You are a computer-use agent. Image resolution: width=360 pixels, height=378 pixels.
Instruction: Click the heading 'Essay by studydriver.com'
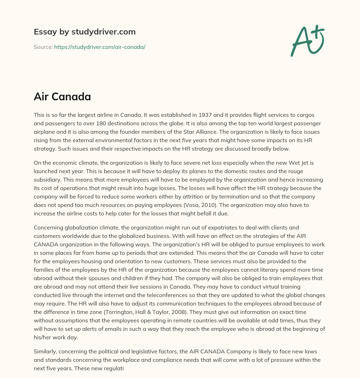point(84,32)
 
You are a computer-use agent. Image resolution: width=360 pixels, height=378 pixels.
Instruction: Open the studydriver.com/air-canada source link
point(99,47)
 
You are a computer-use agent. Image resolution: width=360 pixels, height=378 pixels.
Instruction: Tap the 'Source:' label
point(43,47)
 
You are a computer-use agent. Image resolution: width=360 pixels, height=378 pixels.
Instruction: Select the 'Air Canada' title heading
point(62,97)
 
